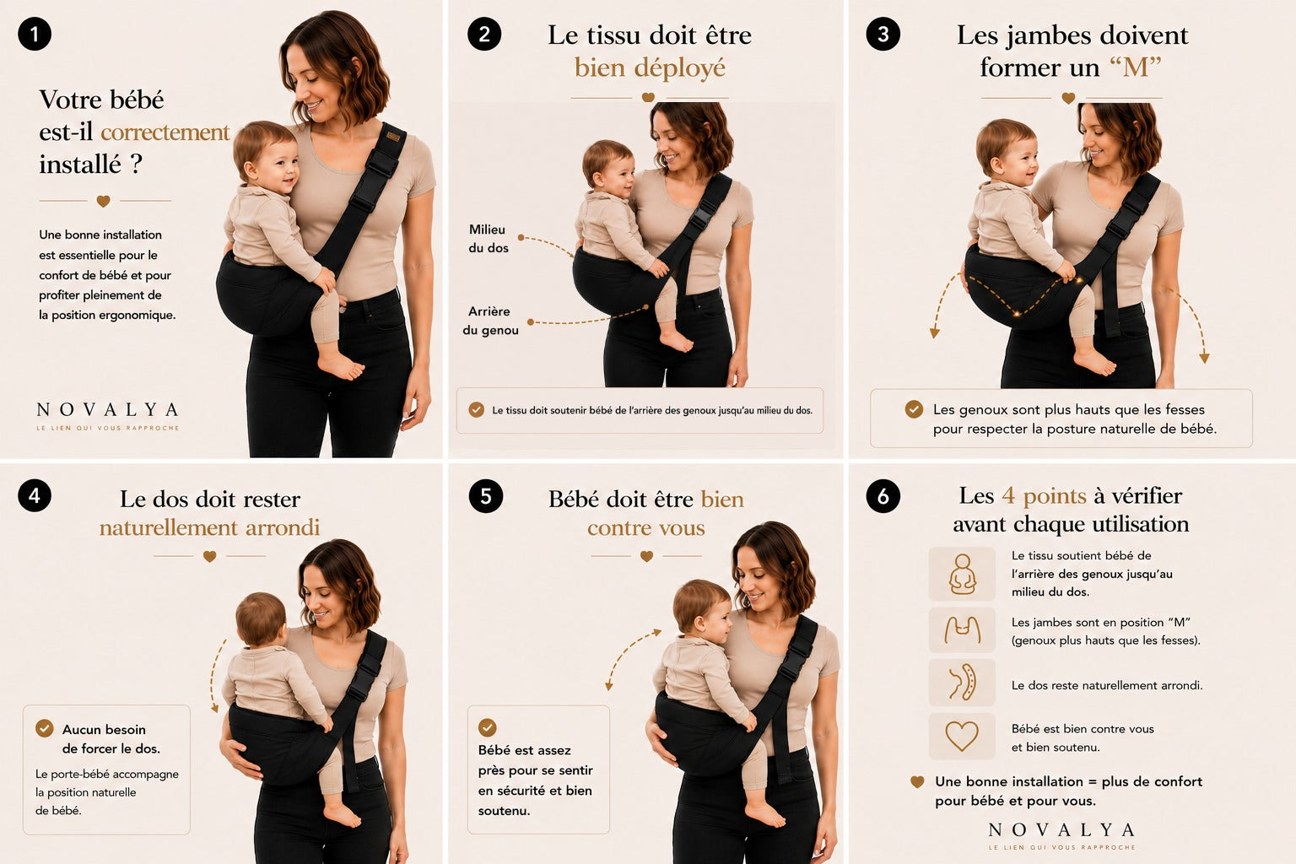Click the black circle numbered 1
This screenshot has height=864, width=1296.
coord(35,34)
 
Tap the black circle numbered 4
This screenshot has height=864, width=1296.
coord(35,496)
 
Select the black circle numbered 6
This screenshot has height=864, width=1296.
coord(883,496)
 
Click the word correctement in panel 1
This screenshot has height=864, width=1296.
coord(165,132)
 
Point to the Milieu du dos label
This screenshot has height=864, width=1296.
coord(489,239)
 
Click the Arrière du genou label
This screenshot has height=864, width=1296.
coord(490,321)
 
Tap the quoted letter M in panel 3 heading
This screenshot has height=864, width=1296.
coord(1136,67)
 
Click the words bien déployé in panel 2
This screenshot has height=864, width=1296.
coord(650,68)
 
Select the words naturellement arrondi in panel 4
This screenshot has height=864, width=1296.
coord(209,528)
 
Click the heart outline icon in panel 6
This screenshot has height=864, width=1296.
coord(962,736)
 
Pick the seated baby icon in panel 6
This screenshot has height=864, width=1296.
coord(962,574)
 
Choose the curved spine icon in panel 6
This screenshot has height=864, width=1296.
coord(962,683)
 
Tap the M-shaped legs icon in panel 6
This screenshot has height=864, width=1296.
coord(962,629)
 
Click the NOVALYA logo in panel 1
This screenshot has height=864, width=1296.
coord(108,415)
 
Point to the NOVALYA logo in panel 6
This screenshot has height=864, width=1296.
coord(1061,835)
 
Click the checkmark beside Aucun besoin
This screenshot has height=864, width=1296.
coord(45,728)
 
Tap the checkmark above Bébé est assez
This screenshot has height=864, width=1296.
coord(487,726)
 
